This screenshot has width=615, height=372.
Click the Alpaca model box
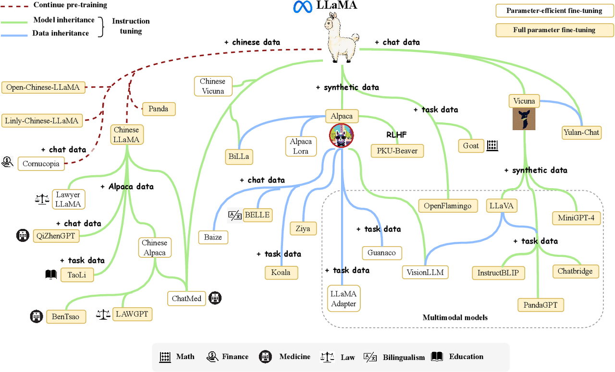click(342, 116)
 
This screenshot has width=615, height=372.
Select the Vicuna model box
click(524, 101)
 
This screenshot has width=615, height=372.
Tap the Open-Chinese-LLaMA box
click(43, 87)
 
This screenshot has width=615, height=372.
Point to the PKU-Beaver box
click(397, 151)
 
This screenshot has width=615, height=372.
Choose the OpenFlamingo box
click(448, 206)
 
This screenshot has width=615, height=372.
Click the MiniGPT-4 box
click(576, 217)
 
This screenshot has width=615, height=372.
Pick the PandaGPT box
click(541, 304)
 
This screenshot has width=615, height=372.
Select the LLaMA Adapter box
click(344, 298)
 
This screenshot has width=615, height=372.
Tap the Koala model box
click(281, 272)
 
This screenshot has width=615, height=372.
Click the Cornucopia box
click(41, 164)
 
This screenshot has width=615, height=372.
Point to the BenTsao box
click(66, 317)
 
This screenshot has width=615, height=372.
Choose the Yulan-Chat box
click(581, 132)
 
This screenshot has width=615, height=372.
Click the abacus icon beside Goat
click(492, 145)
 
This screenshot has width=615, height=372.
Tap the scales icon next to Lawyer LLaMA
click(43, 199)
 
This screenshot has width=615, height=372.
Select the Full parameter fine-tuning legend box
click(554, 30)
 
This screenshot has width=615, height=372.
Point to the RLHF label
click(396, 135)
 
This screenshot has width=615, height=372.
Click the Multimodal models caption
click(455, 317)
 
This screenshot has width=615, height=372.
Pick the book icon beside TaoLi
click(50, 275)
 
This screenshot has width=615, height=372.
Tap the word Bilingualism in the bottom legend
click(404, 357)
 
